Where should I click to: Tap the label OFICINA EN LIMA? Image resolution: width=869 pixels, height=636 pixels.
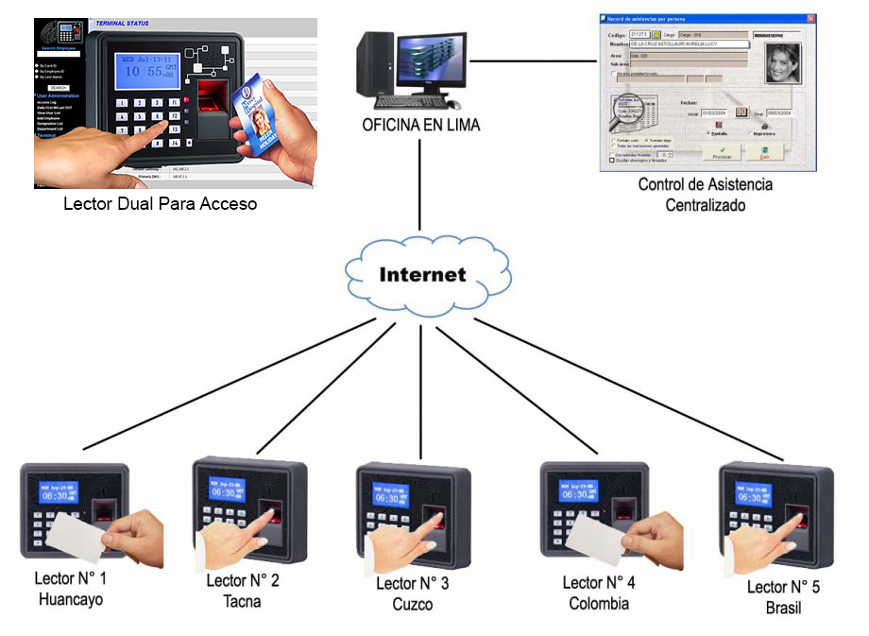pos(421,125)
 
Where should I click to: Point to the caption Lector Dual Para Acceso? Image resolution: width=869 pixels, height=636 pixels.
pos(160,203)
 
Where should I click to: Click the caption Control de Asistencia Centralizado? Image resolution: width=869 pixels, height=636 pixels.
pos(706,194)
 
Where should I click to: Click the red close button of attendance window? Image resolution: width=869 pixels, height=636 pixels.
pos(810,19)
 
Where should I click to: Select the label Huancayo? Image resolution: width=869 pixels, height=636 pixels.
pos(71,600)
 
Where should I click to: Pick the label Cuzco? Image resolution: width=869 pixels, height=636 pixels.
pos(413,604)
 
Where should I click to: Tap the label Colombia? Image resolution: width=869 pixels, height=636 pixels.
pos(599,603)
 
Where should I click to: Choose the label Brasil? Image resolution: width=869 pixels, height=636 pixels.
pos(783,608)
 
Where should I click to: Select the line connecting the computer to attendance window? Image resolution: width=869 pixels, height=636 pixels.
pos(534,62)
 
